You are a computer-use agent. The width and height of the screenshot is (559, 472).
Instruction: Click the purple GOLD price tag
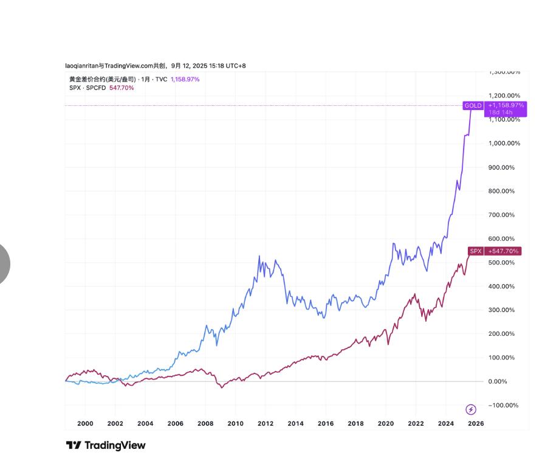[x=473, y=106]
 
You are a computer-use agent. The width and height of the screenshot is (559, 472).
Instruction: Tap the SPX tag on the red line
[x=476, y=251]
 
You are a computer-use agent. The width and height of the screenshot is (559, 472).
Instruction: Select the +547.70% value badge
[x=504, y=251]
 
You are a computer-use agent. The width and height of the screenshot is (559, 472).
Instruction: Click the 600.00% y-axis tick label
[x=501, y=239]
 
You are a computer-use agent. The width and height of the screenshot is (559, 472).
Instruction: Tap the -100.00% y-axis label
[x=504, y=406]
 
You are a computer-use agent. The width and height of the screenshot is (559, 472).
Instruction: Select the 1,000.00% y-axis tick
[x=504, y=144]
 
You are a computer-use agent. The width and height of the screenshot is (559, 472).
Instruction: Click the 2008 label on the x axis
[x=205, y=424]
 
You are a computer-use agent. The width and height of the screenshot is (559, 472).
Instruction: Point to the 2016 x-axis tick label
[x=326, y=424]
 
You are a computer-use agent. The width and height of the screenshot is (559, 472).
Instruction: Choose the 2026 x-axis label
[x=476, y=424]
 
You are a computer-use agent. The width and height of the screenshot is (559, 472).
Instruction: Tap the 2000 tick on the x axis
[x=85, y=424]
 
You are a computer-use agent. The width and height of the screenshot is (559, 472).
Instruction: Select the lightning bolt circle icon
[x=470, y=409]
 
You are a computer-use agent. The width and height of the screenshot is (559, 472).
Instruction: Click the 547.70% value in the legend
[x=122, y=88]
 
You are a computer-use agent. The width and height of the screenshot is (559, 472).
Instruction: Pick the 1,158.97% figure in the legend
[x=185, y=79]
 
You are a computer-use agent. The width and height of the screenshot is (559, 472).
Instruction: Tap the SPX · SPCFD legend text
[x=87, y=88]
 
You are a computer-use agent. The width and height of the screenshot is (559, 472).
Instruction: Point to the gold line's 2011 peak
[x=259, y=257]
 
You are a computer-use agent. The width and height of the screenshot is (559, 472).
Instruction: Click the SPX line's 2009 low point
[x=221, y=387]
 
